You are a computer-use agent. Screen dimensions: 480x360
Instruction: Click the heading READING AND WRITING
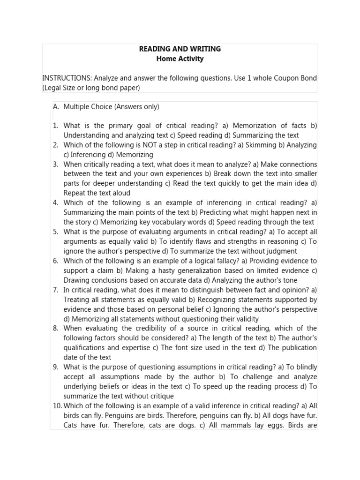click(x=180, y=49)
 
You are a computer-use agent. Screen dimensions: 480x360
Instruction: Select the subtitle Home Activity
click(x=180, y=59)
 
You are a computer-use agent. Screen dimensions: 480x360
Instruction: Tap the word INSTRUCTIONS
click(x=64, y=78)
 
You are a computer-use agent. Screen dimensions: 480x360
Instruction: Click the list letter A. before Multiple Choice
click(x=56, y=107)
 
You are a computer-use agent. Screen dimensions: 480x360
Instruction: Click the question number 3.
click(x=55, y=164)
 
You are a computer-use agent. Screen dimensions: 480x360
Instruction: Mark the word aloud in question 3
click(x=121, y=193)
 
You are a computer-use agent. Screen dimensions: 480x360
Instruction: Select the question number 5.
click(x=55, y=232)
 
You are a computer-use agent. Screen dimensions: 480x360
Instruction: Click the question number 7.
click(x=55, y=290)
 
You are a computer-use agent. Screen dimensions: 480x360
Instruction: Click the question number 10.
click(x=57, y=405)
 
